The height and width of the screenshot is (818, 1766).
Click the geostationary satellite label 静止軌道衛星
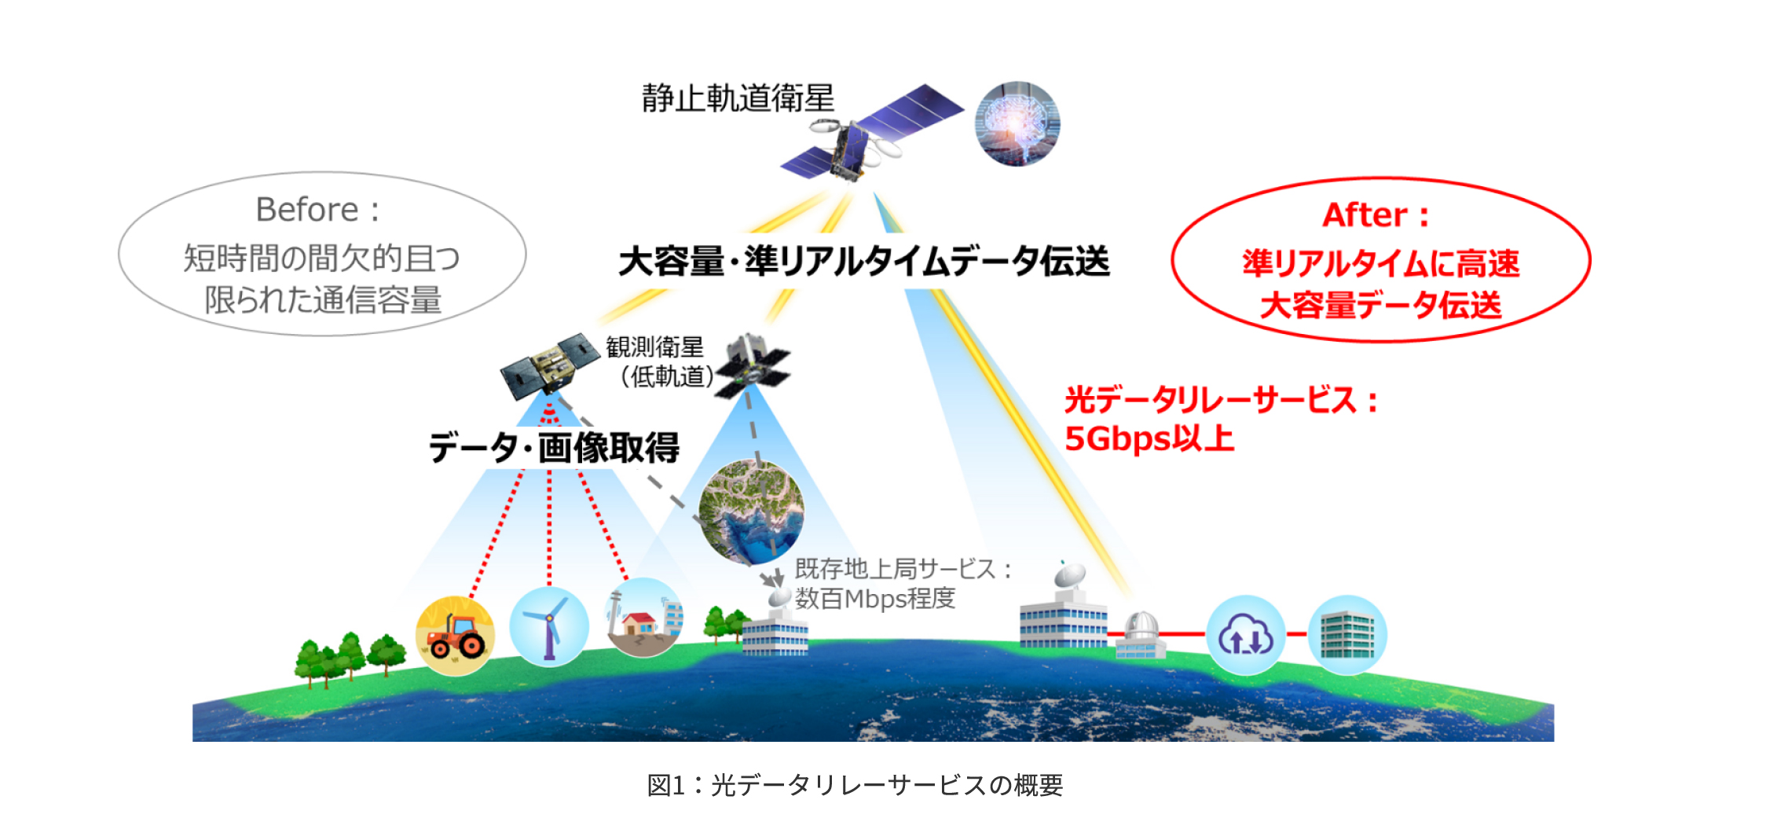[738, 98]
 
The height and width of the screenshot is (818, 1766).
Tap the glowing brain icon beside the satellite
[1017, 123]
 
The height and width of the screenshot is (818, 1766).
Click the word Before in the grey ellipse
[306, 210]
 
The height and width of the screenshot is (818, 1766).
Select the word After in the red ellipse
[1365, 215]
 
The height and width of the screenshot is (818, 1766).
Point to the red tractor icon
[455, 636]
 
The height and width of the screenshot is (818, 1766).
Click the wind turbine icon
[549, 626]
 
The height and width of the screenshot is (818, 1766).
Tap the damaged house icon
[644, 618]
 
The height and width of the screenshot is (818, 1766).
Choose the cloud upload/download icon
[1245, 635]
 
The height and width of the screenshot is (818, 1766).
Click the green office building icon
[1347, 635]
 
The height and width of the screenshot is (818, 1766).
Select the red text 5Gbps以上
[1149, 438]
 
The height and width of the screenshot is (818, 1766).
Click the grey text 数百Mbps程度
[875, 599]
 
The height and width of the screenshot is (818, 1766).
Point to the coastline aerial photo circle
[752, 512]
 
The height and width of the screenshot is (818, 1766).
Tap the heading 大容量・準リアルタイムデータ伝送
[864, 261]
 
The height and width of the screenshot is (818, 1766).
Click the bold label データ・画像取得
[554, 448]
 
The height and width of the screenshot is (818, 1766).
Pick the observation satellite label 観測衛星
[654, 347]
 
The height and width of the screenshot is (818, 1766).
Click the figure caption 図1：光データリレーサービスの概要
[855, 785]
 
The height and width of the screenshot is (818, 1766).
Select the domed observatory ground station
[1141, 636]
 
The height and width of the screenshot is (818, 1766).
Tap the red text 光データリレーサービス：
[1222, 400]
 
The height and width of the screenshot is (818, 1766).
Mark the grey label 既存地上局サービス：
[903, 569]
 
